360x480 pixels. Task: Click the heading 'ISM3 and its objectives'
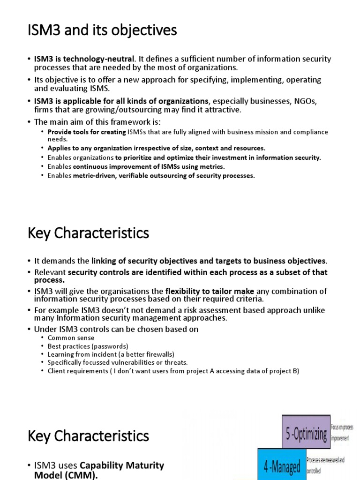pyautogui.click(x=102, y=30)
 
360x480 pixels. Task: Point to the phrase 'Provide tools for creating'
pyautogui.click(x=87, y=132)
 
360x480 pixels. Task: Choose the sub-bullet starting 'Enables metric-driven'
pyautogui.click(x=151, y=176)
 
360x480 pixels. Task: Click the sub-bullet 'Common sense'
pyautogui.click(x=71, y=337)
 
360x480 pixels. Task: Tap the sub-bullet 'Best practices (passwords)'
pyautogui.click(x=87, y=346)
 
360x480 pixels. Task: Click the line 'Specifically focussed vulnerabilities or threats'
pyautogui.click(x=117, y=363)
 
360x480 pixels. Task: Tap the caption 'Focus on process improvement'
pyautogui.click(x=343, y=432)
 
